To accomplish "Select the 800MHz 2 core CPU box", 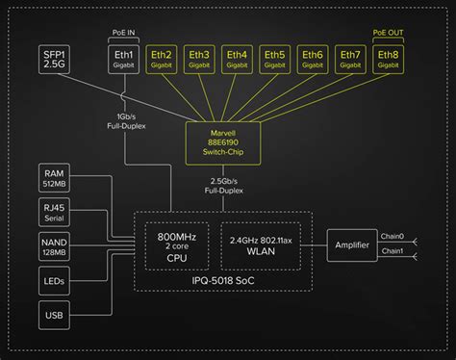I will coord(176,245).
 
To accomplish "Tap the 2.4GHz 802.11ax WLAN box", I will coord(258,245).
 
